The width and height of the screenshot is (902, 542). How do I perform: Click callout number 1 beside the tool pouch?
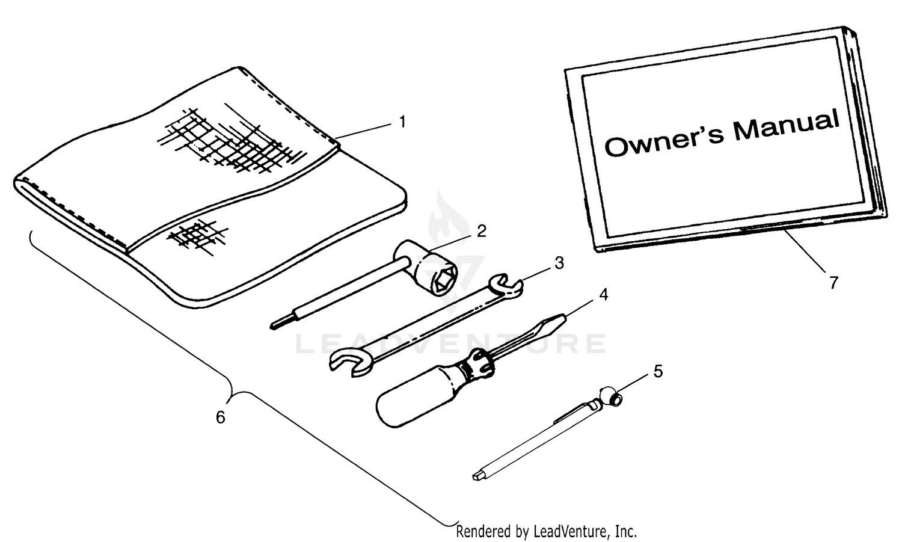coord(402,122)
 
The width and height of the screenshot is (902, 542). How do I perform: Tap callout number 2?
coord(482,232)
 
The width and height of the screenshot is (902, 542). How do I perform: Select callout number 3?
coord(559,263)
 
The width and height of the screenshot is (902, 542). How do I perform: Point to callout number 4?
coord(603,295)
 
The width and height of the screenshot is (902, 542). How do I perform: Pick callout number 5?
coord(658,371)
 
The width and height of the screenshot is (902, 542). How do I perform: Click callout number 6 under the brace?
coord(220,417)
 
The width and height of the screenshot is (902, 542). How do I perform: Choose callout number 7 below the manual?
coord(833,283)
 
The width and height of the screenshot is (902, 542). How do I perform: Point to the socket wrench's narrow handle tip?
coord(275,325)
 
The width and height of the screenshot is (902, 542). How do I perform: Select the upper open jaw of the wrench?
coord(506,286)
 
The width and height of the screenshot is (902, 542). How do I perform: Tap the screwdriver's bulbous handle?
coord(419,395)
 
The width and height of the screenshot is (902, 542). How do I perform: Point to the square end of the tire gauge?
coord(478,476)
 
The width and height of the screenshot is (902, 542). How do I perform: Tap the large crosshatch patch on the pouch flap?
coord(232,139)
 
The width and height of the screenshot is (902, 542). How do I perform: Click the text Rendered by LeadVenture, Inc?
coord(546,532)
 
